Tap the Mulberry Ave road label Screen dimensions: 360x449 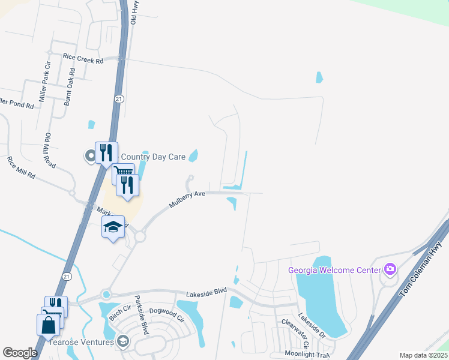(187, 199)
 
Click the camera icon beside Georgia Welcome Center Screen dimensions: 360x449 (390, 269)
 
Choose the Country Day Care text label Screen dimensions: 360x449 (153, 157)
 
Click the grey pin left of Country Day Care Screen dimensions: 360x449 (91, 157)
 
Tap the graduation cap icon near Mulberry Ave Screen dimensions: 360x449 (113, 227)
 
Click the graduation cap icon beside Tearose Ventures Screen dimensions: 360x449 (123, 341)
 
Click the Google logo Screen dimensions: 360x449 (20, 352)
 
